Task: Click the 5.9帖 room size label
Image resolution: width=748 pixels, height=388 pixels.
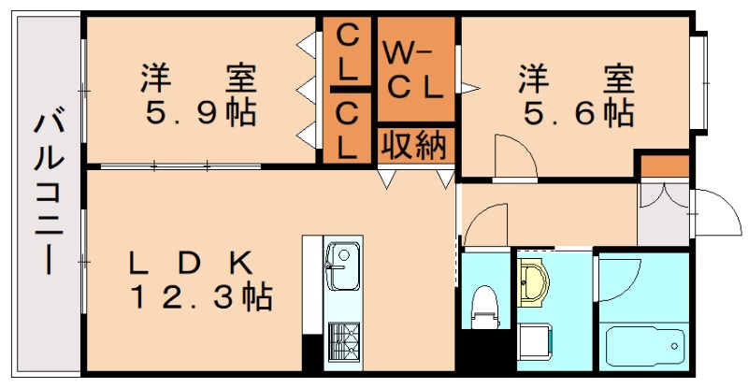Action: coord(200,113)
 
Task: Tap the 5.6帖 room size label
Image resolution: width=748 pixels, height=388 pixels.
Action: coord(577,113)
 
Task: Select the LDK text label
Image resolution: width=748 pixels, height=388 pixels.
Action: coord(192,262)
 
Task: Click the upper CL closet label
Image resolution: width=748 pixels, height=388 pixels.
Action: coord(347,52)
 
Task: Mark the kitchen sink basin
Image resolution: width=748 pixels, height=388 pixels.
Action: coord(340,264)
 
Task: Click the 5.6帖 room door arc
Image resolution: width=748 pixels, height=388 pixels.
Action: coord(514,154)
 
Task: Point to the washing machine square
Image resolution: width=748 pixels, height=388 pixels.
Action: coord(538,344)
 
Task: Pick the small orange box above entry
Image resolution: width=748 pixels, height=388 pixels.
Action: coord(663,166)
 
